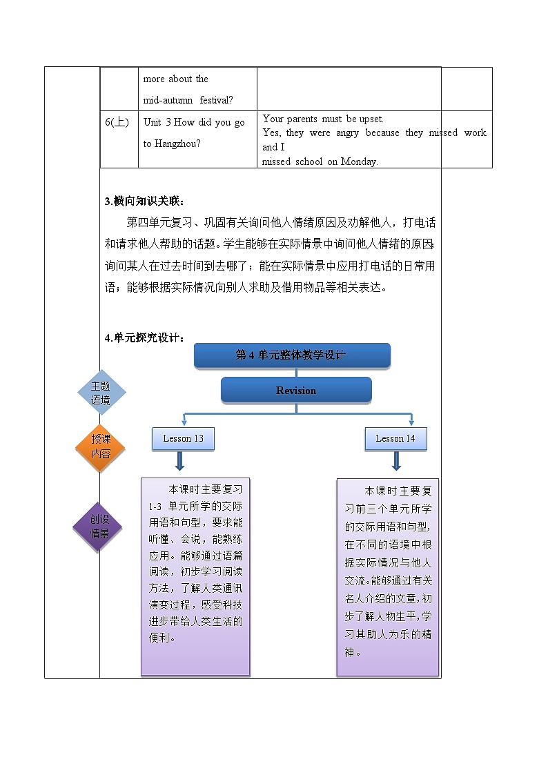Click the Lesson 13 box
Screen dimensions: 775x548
tap(183, 439)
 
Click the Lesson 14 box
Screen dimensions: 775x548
tap(395, 439)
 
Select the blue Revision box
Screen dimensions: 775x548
tap(296, 391)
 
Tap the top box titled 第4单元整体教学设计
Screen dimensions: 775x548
tap(292, 355)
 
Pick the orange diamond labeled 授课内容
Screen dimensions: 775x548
tap(101, 447)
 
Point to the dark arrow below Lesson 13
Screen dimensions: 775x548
tap(179, 461)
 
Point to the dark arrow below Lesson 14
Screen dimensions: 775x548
tap(397, 461)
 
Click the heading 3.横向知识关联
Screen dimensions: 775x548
tap(144, 202)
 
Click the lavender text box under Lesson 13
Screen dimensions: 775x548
tap(196, 576)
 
